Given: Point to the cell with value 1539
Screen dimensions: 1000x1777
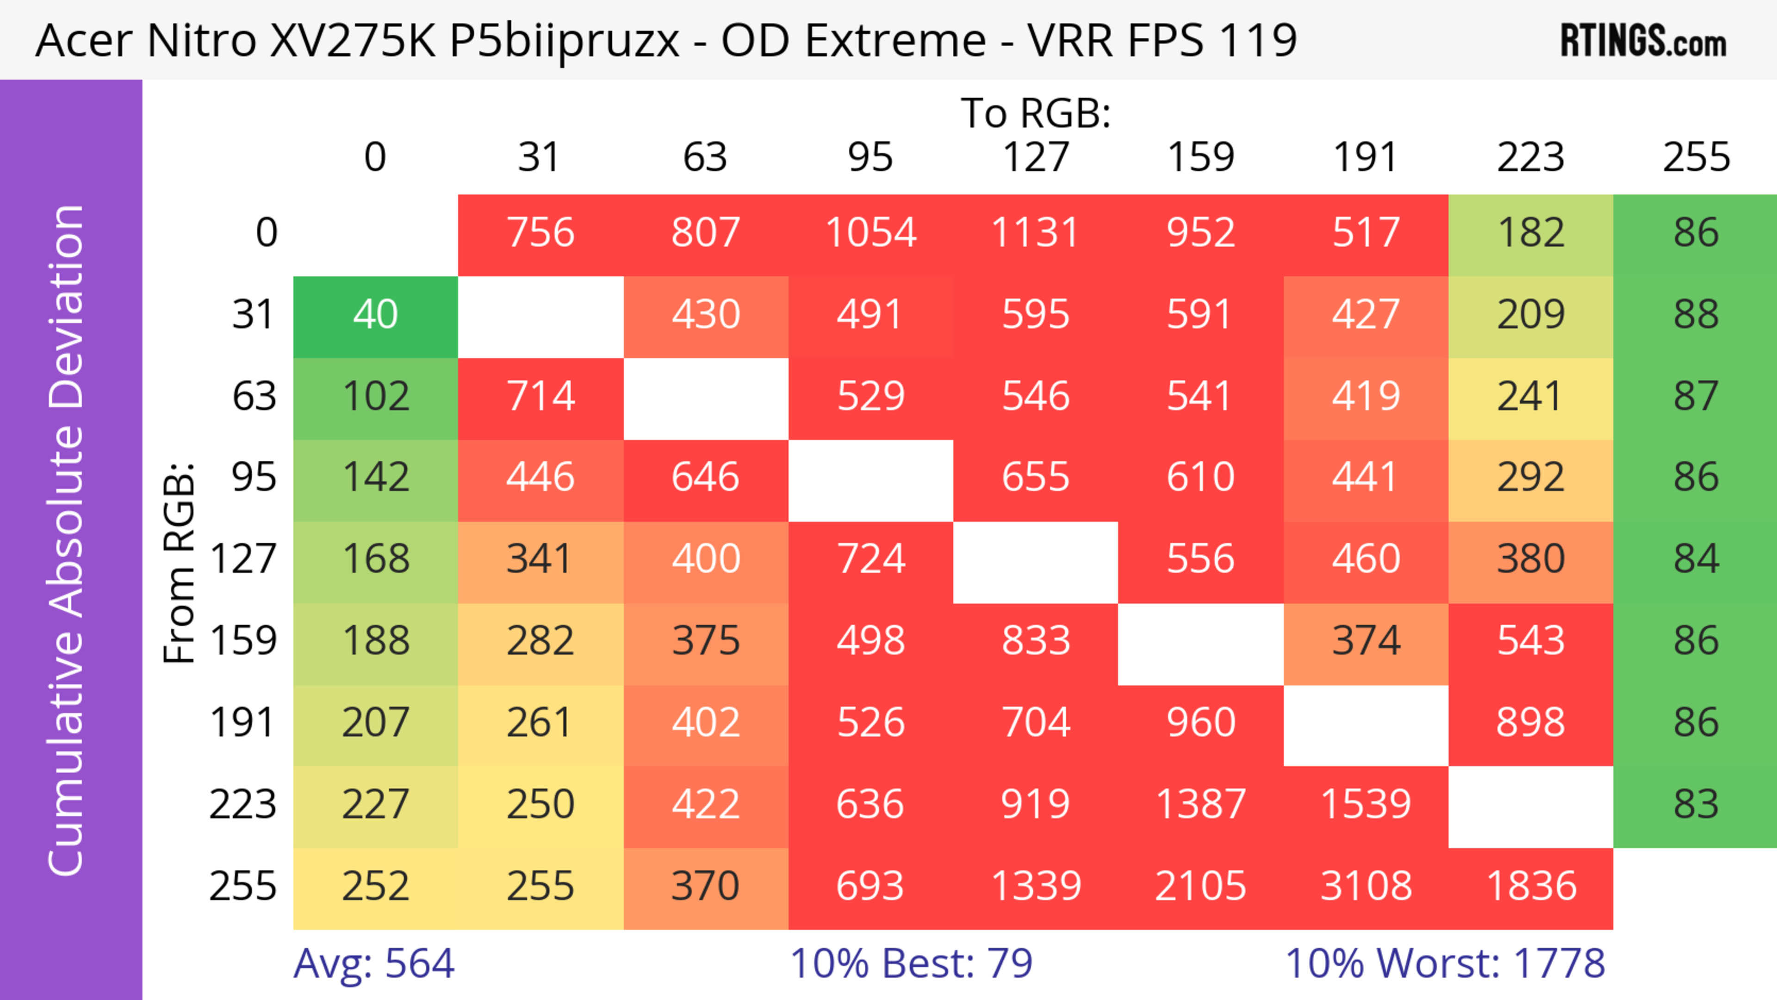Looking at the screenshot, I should (1366, 804).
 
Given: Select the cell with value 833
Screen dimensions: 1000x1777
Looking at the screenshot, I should (1036, 641).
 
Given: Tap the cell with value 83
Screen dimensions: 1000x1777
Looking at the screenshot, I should (1696, 804).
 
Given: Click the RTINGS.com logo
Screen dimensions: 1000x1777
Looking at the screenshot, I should (1643, 41).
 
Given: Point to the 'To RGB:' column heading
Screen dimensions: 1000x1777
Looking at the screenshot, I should (1036, 113).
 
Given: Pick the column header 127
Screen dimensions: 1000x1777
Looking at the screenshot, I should (1036, 157).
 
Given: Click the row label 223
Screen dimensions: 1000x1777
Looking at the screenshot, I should (243, 804).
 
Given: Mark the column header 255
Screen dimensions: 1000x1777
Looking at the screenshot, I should (1696, 157).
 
